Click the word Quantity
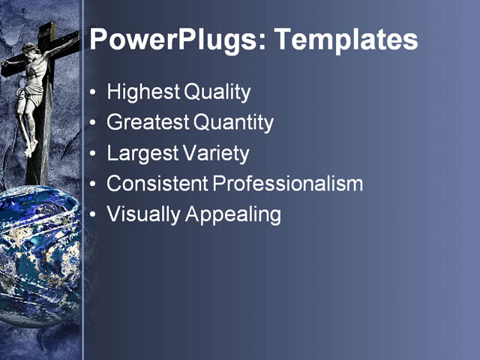pyautogui.click(x=233, y=123)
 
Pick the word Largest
pyautogui.click(x=142, y=154)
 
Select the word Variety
pyautogui.click(x=214, y=154)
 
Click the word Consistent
pyautogui.click(x=156, y=184)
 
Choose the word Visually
pyautogui.click(x=143, y=214)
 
